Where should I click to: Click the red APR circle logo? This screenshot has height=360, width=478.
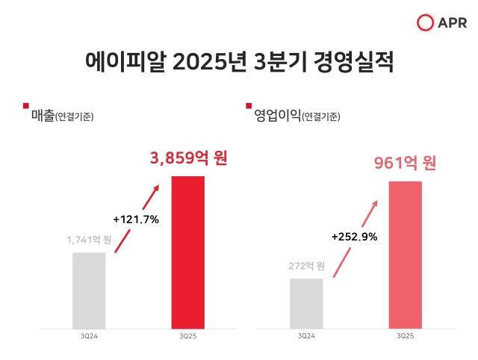click(x=425, y=23)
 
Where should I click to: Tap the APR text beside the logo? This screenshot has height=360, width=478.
click(x=450, y=23)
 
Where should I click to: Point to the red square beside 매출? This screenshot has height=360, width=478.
click(x=26, y=106)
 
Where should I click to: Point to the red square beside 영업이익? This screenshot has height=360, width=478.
click(x=249, y=106)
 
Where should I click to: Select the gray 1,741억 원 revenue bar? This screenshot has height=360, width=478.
click(x=89, y=291)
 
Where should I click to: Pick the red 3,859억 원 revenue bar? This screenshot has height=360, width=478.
click(x=187, y=252)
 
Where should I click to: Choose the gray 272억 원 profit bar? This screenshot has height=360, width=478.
click(x=306, y=303)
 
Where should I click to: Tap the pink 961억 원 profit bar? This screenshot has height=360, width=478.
click(x=406, y=255)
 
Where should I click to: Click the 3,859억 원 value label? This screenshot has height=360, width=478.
click(x=187, y=159)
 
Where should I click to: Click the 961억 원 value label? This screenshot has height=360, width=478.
click(x=405, y=164)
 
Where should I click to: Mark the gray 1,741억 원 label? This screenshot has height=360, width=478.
click(x=89, y=240)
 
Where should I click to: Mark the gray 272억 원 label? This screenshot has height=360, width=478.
click(x=306, y=266)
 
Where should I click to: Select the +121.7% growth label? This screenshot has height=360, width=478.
click(x=137, y=220)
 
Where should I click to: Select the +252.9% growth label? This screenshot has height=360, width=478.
click(x=354, y=237)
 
